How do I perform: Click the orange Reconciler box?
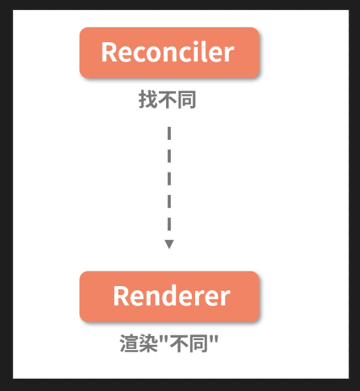point(170,52)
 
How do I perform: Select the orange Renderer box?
point(170,296)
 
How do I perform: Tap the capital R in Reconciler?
point(109,52)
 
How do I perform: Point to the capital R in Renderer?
point(121,296)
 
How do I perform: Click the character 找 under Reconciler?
point(148,100)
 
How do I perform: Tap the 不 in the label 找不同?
point(167,100)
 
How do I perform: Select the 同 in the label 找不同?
point(186,100)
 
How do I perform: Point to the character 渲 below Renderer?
point(129,344)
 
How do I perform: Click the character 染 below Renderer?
point(148,344)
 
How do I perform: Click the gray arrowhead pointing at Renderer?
point(169,244)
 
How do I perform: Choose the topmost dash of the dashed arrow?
point(170,133)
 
